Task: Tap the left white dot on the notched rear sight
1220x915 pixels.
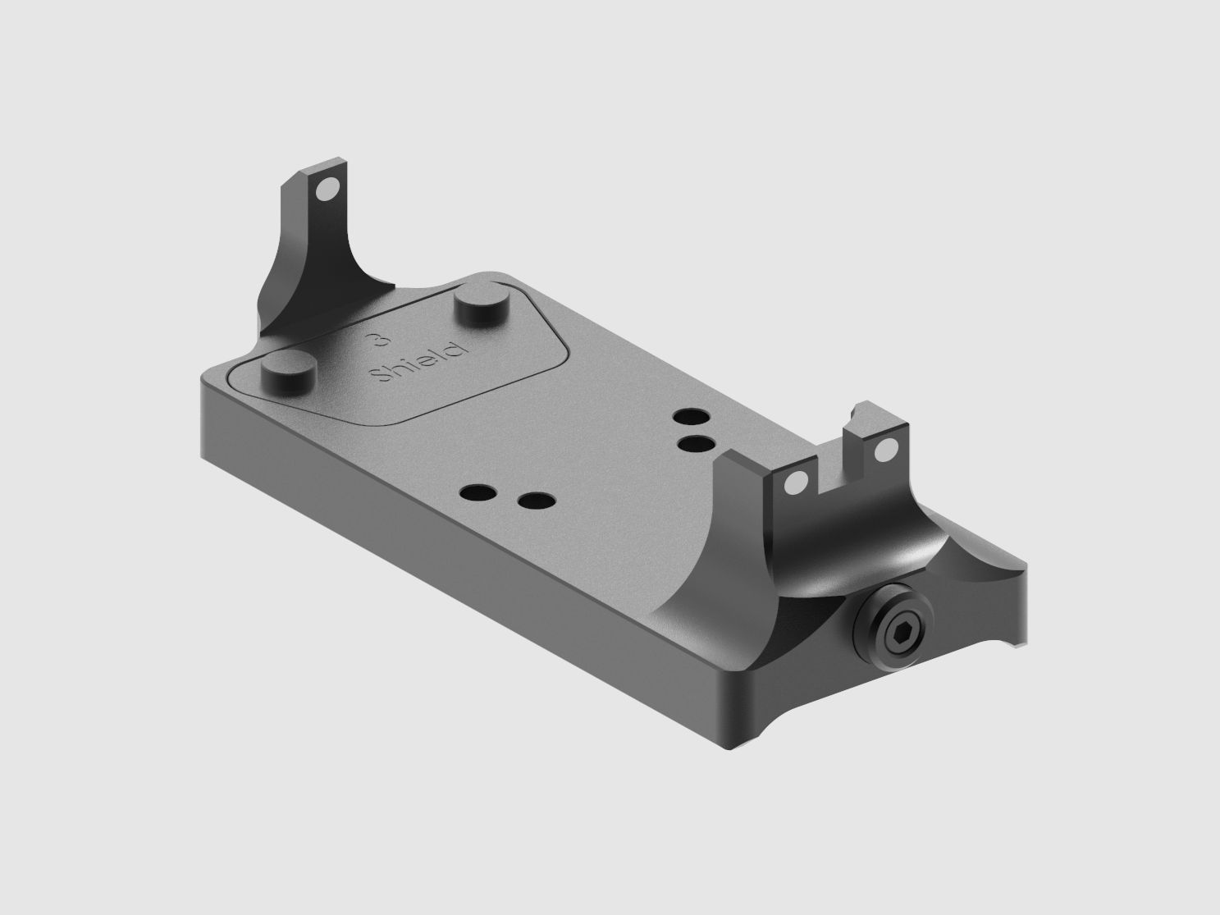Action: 793,484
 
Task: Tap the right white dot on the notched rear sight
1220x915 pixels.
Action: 884,451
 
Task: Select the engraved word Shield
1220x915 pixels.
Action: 418,361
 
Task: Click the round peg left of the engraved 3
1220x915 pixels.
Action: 290,370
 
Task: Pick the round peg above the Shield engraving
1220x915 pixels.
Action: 481,300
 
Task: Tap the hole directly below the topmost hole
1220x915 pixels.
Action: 696,443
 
